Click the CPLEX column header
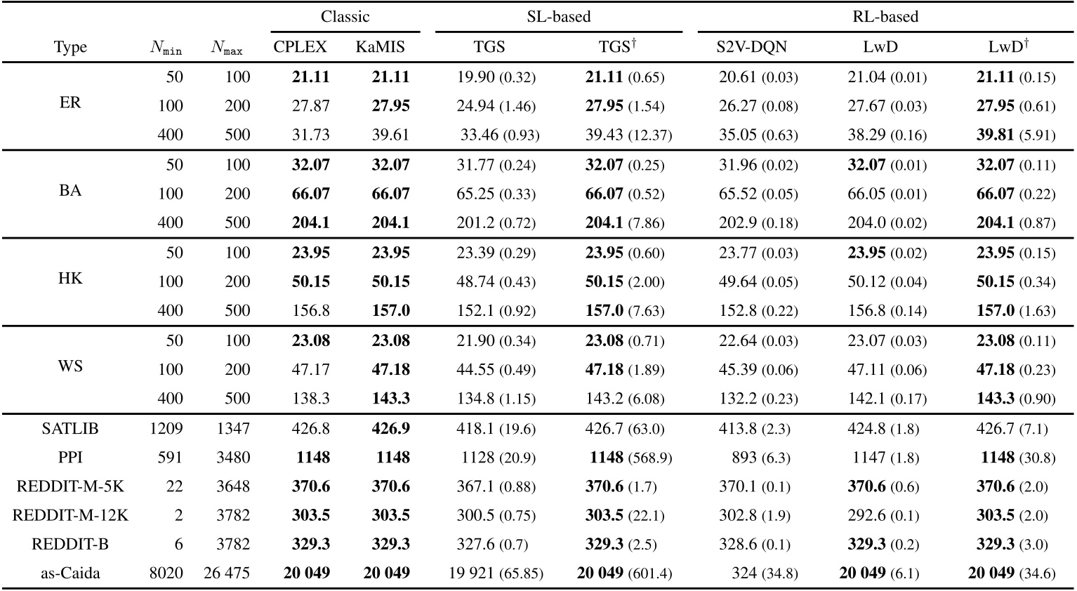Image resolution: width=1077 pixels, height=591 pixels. [x=300, y=47]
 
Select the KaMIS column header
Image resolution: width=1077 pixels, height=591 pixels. [x=380, y=47]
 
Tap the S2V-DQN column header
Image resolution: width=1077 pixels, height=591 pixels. [x=751, y=47]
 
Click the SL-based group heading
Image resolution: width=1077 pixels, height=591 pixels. [x=558, y=16]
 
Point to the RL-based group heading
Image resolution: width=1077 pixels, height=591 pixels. [x=885, y=16]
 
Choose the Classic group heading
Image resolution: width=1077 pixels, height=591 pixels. [x=345, y=16]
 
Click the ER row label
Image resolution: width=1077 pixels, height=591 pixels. [x=70, y=103]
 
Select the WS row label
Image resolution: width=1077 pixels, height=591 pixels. [x=70, y=366]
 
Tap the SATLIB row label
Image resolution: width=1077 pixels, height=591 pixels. [x=70, y=428]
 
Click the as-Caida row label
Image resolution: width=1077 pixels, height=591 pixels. [x=70, y=573]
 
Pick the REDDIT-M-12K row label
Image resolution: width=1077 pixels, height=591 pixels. [x=70, y=515]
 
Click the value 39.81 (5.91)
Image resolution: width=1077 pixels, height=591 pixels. [x=1015, y=134]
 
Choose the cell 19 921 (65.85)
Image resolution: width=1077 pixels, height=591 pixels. [x=496, y=573]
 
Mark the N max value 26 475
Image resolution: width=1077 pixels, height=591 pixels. [x=226, y=573]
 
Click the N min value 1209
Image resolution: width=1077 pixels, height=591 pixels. [x=164, y=428]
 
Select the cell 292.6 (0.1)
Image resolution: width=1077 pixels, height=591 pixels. [x=883, y=515]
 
